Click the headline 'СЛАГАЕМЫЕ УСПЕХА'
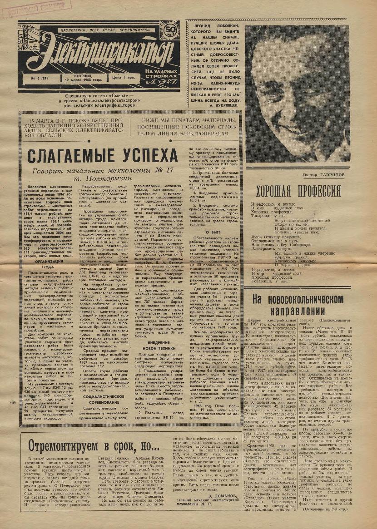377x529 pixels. coord(102,155)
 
